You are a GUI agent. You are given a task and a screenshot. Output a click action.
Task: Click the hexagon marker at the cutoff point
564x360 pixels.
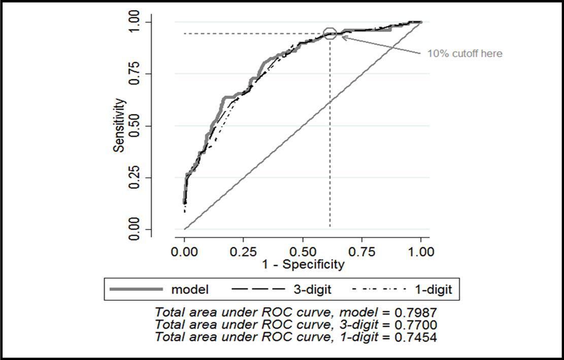pyautogui.click(x=330, y=34)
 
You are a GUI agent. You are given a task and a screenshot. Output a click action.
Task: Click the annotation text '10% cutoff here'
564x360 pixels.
pyautogui.click(x=465, y=53)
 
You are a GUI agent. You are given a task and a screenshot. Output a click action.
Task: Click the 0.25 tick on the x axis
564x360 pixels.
pyautogui.click(x=244, y=252)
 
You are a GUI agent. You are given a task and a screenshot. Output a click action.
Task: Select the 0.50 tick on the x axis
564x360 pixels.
pyautogui.click(x=303, y=252)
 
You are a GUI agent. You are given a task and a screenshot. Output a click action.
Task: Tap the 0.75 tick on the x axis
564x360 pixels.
pyautogui.click(x=362, y=252)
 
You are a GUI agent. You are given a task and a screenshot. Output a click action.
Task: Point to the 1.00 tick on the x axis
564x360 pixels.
pyautogui.click(x=421, y=252)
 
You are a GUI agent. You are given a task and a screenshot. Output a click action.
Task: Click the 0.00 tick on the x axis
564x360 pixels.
pyautogui.click(x=185, y=252)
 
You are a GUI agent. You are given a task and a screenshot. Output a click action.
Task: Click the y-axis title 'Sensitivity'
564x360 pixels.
pyautogui.click(x=119, y=125)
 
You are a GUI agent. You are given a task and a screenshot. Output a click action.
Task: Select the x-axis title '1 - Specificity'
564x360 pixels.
pyautogui.click(x=303, y=265)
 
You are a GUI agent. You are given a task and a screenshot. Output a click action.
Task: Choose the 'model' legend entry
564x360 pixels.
pyautogui.click(x=190, y=290)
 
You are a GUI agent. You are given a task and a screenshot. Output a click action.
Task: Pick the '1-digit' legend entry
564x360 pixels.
pyautogui.click(x=434, y=290)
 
